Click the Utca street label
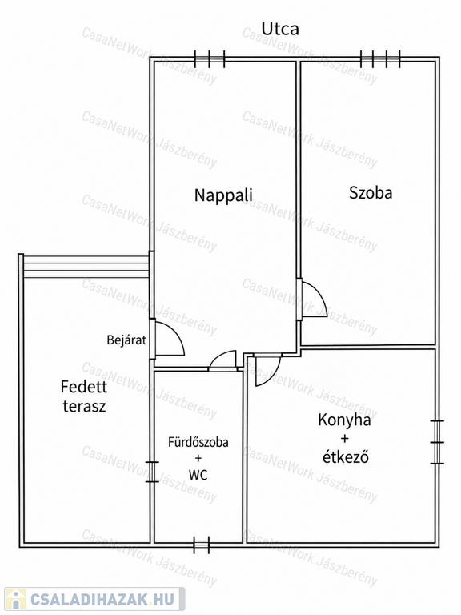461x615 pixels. [x=280, y=29]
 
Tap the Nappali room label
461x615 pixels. [x=223, y=195]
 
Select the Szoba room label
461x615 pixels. [x=371, y=192]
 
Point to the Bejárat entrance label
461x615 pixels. [x=126, y=340]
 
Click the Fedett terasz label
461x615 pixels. [x=84, y=396]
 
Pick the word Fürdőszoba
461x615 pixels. [x=198, y=442]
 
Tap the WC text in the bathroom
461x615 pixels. [x=198, y=475]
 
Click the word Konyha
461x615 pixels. [x=344, y=420]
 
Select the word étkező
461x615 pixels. [x=346, y=456]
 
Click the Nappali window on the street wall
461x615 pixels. [x=210, y=59]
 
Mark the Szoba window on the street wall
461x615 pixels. [x=381, y=59]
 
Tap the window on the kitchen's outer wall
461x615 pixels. [x=437, y=442]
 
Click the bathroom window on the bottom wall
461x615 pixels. [x=202, y=545]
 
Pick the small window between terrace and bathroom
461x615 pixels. [x=152, y=472]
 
